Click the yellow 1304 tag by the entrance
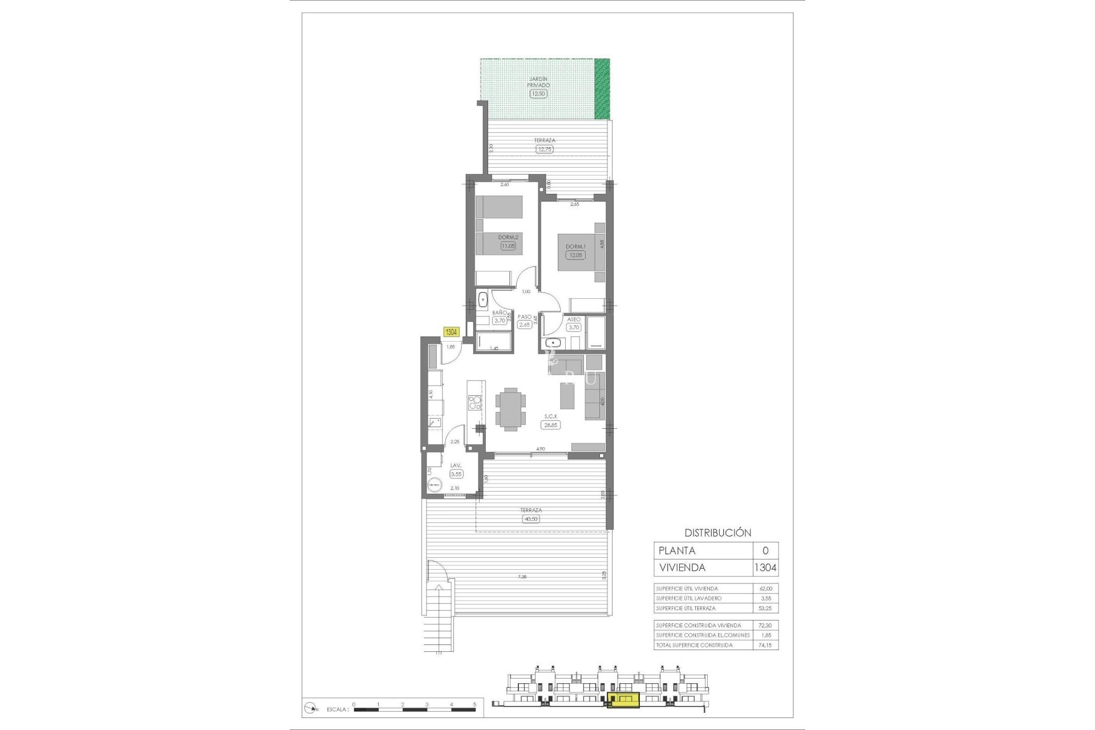coord(451,332)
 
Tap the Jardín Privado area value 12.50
coord(538,94)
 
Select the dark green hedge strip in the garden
coord(602,88)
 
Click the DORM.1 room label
coord(575,246)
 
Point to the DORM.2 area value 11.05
coord(508,246)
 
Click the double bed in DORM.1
coord(577,252)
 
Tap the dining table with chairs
coord(510,408)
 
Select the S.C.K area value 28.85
coord(550,425)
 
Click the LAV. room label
coord(456,465)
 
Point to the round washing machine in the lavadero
coord(435,484)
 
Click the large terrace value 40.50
coord(530,519)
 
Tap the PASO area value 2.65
coord(524,325)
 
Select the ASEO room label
coord(574,319)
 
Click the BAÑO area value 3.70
coord(500,321)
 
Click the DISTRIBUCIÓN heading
coord(717,533)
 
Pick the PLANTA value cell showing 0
coord(765,550)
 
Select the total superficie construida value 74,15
coord(766,645)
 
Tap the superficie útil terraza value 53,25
coord(765,608)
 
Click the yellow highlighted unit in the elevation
coord(623,700)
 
